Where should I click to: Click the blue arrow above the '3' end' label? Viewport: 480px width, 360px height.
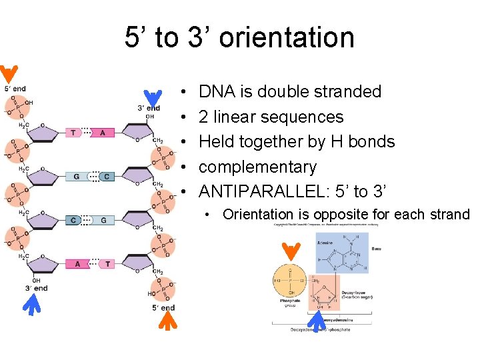coord(153,97)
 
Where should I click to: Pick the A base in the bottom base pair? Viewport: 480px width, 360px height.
coord(77,263)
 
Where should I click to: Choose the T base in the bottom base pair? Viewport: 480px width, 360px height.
coord(107,263)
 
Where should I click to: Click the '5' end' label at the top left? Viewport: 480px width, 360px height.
coord(15,89)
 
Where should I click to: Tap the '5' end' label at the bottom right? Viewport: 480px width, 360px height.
coord(163,307)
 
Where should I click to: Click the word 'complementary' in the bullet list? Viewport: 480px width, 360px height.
coord(257,167)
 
